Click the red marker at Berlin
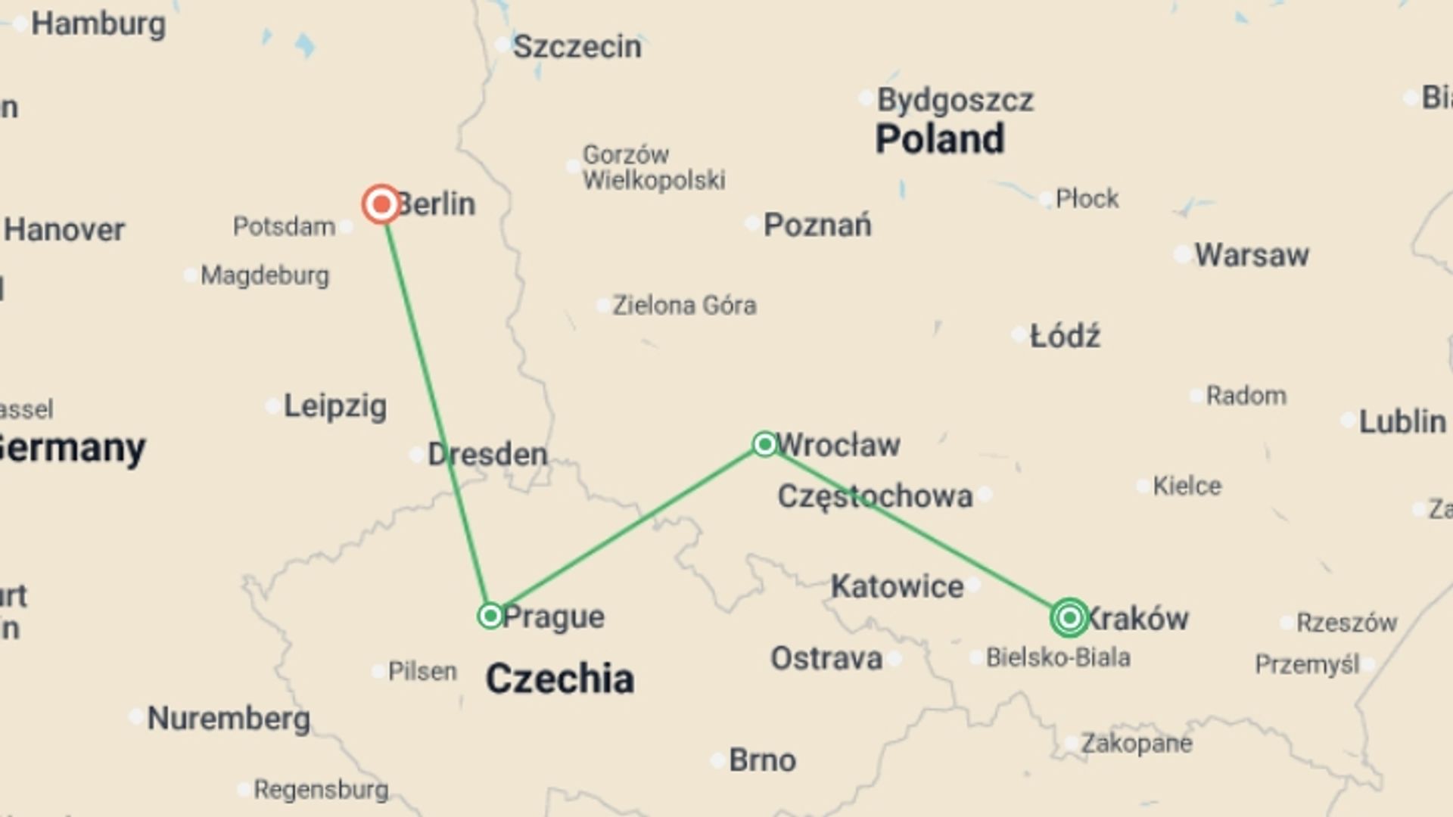(x=381, y=204)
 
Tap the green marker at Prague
(x=490, y=616)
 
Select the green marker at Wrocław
(x=764, y=444)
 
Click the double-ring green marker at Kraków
(x=1069, y=618)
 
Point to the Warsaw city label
(x=1251, y=255)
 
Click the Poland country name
(x=939, y=139)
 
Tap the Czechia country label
(x=559, y=679)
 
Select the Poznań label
(x=817, y=225)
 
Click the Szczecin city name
(x=577, y=47)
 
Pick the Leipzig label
(x=334, y=406)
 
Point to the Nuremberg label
(x=228, y=718)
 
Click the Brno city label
(x=761, y=760)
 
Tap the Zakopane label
(x=1136, y=744)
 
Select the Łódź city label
(x=1065, y=336)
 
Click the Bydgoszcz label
(x=954, y=100)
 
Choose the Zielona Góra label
(x=683, y=306)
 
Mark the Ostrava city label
(x=826, y=659)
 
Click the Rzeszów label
(x=1346, y=623)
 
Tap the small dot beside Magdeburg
(x=191, y=275)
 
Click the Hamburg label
(x=98, y=24)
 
